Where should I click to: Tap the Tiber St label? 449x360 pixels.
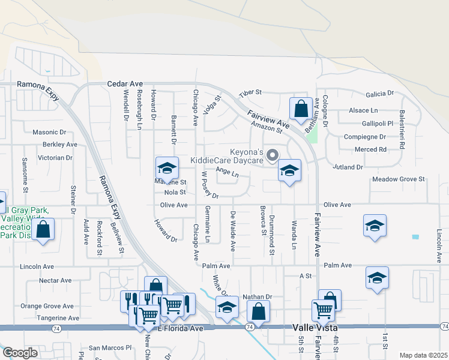(251, 93)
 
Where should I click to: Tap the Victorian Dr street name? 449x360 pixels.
(55, 157)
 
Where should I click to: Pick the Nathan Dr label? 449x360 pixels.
(258, 296)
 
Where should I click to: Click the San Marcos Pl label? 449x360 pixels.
(110, 347)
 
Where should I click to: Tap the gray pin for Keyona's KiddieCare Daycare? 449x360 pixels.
(272, 155)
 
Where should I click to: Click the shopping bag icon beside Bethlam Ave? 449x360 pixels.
(301, 109)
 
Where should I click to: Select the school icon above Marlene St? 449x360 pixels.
(167, 168)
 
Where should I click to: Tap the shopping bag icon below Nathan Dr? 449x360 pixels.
(258, 311)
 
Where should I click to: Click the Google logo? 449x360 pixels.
(20, 353)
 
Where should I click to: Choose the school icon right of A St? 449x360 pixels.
(377, 278)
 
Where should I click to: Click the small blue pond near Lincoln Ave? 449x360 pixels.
(415, 236)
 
